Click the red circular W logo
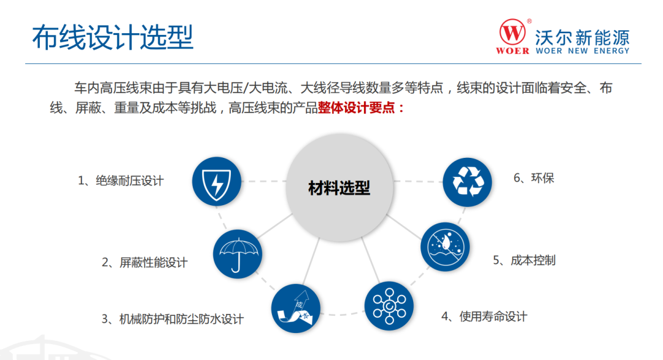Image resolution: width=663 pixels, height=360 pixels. tap(513, 31)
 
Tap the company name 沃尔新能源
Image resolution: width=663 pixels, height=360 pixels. tap(582, 34)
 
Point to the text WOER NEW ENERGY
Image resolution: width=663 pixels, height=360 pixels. tap(582, 51)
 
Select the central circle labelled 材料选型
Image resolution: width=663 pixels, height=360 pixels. tap(339, 187)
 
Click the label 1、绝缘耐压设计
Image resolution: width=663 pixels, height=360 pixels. tap(121, 181)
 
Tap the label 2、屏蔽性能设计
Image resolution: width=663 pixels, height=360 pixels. tap(144, 262)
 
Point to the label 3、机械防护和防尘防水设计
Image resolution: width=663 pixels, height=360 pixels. tap(173, 319)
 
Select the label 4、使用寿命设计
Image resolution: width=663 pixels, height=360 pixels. tap(484, 316)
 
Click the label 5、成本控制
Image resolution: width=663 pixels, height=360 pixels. tap(524, 260)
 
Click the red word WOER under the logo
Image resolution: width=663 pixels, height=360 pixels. tap(513, 51)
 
